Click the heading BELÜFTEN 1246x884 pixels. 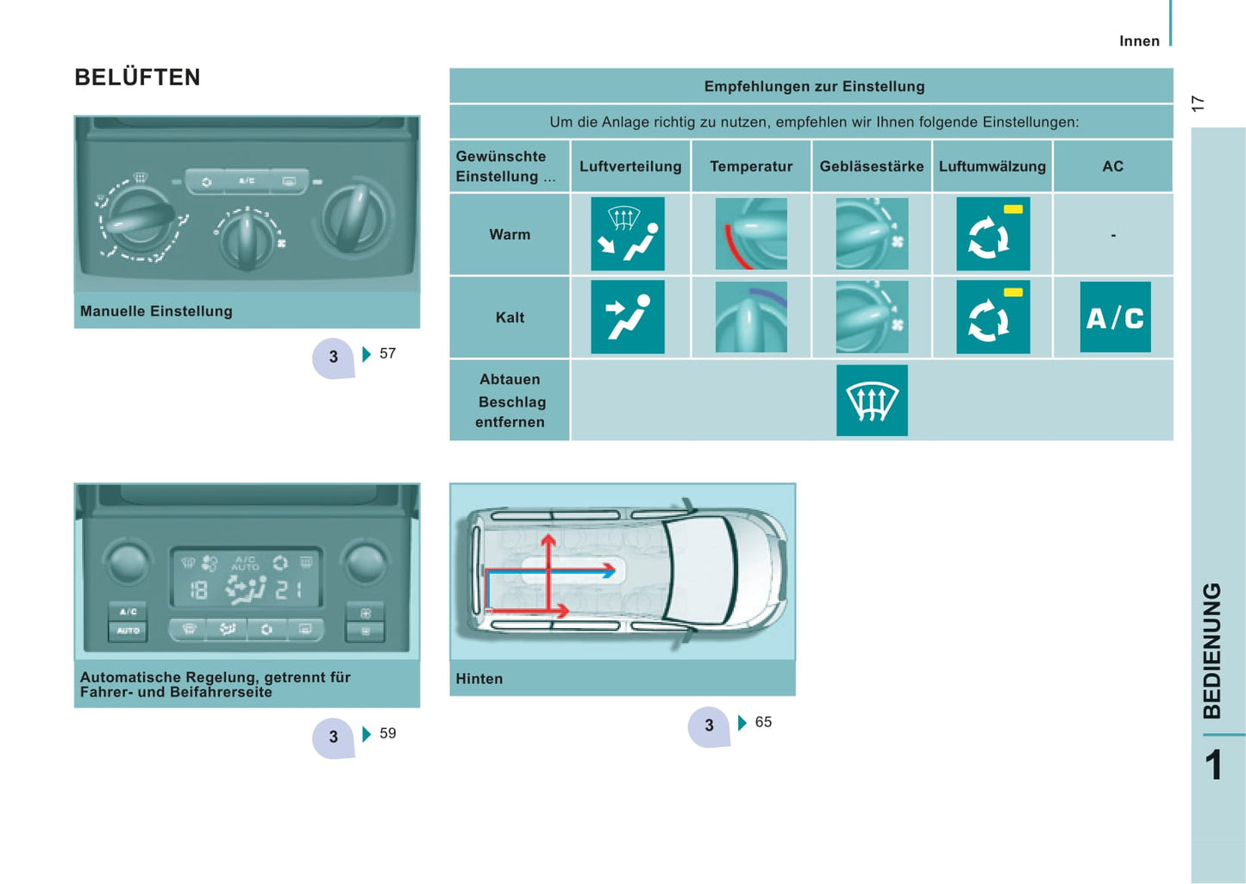tap(137, 78)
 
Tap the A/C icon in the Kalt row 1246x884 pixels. tap(1115, 317)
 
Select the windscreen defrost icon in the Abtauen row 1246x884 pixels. tap(872, 401)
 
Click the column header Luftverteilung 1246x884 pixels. tap(630, 166)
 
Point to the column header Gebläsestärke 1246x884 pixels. tap(872, 166)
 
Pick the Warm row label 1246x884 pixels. tap(510, 234)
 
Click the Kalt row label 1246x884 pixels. tap(510, 317)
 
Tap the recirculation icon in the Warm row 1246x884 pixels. tap(992, 234)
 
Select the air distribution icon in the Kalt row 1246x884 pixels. tap(628, 317)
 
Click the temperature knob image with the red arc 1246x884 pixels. tap(751, 234)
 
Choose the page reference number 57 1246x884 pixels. tap(388, 353)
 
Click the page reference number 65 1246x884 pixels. tap(763, 722)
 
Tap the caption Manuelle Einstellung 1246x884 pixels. tap(156, 311)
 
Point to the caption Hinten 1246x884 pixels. tap(479, 679)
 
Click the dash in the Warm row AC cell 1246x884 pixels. tap(1113, 236)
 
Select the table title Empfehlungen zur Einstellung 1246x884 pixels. tap(814, 86)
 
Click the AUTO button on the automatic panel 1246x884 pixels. tap(128, 631)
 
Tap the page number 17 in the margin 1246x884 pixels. tap(1198, 103)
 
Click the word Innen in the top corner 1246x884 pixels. tap(1139, 41)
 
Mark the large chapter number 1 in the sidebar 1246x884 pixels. tap(1213, 765)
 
